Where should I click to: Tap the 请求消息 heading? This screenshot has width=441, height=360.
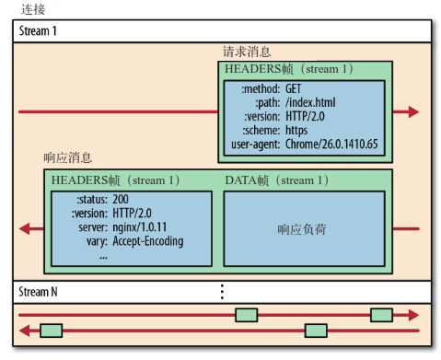pyautogui.click(x=247, y=52)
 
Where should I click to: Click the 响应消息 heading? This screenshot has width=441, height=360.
pyautogui.click(x=67, y=157)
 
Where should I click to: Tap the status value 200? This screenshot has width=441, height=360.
pyautogui.click(x=121, y=199)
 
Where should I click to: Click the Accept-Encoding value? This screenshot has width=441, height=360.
pyautogui.click(x=147, y=241)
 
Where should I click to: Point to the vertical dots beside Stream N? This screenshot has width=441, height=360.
pyautogui.click(x=222, y=292)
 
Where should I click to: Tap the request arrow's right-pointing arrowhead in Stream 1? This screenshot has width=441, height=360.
pyautogui.click(x=413, y=111)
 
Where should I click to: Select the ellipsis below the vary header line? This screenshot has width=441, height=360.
pyautogui.click(x=103, y=256)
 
